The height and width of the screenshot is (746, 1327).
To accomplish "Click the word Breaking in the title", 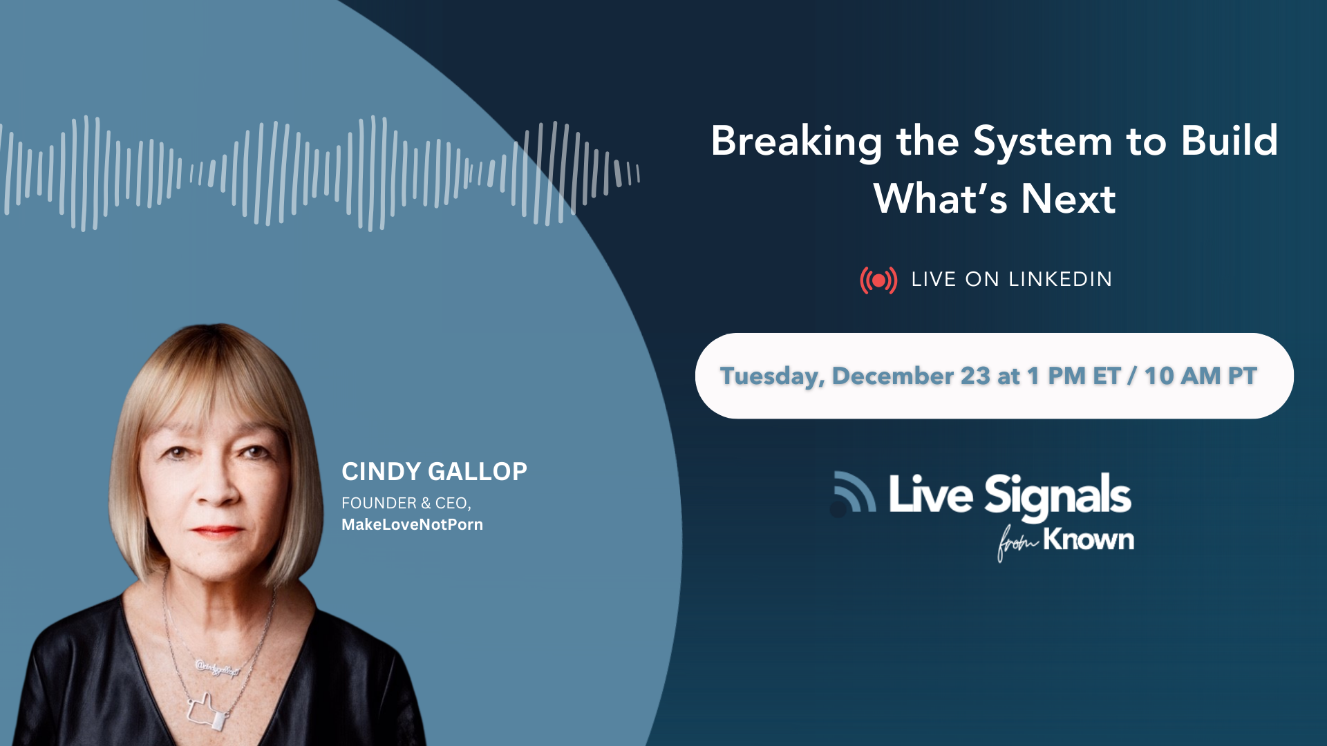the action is point(796,142).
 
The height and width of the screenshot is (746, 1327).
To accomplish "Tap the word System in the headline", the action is point(1043,141).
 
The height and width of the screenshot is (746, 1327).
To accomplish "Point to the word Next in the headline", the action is point(1069,199).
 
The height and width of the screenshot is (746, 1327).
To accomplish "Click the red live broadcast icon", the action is point(878,280).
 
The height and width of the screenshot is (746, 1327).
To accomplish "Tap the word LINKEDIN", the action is point(1060,279).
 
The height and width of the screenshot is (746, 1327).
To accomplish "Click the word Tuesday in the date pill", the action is point(772,376).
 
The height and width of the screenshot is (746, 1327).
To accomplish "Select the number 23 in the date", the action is point(975,376).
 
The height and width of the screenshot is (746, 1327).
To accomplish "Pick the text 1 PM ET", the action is point(1073,376).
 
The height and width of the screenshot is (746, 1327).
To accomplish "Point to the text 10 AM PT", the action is point(1201,376).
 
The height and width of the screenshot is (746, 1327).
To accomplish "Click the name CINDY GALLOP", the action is point(434,471).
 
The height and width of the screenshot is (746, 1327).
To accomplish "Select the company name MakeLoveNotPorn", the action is point(412,524).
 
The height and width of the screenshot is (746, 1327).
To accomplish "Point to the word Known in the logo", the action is point(1089,539).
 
